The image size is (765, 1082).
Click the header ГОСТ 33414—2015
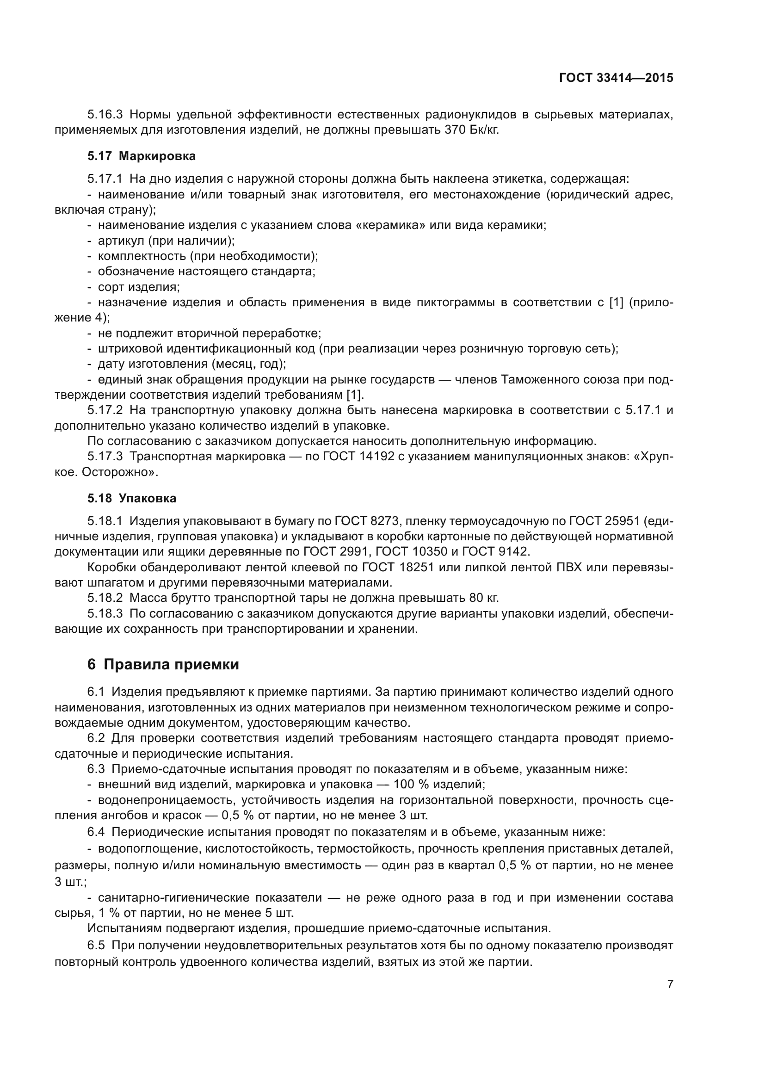(x=616, y=78)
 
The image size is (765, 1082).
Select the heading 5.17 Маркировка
(x=142, y=155)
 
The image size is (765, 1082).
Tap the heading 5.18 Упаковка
(x=132, y=498)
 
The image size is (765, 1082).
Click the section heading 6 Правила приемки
(x=163, y=664)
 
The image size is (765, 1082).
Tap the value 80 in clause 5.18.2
(x=477, y=598)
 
